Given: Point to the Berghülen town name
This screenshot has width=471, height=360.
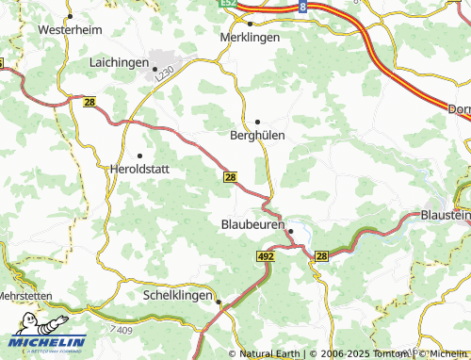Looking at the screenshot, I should pos(257,135).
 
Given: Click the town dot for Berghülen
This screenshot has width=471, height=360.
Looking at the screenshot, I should pos(257,122).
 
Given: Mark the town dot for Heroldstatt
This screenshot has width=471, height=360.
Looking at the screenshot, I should pos(140,155).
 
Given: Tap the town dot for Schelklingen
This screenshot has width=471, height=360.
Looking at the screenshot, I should pos(219,303).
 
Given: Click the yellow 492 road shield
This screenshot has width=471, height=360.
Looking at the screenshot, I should pos(265,255).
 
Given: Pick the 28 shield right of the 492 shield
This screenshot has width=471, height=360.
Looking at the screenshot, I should pos(321,255).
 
